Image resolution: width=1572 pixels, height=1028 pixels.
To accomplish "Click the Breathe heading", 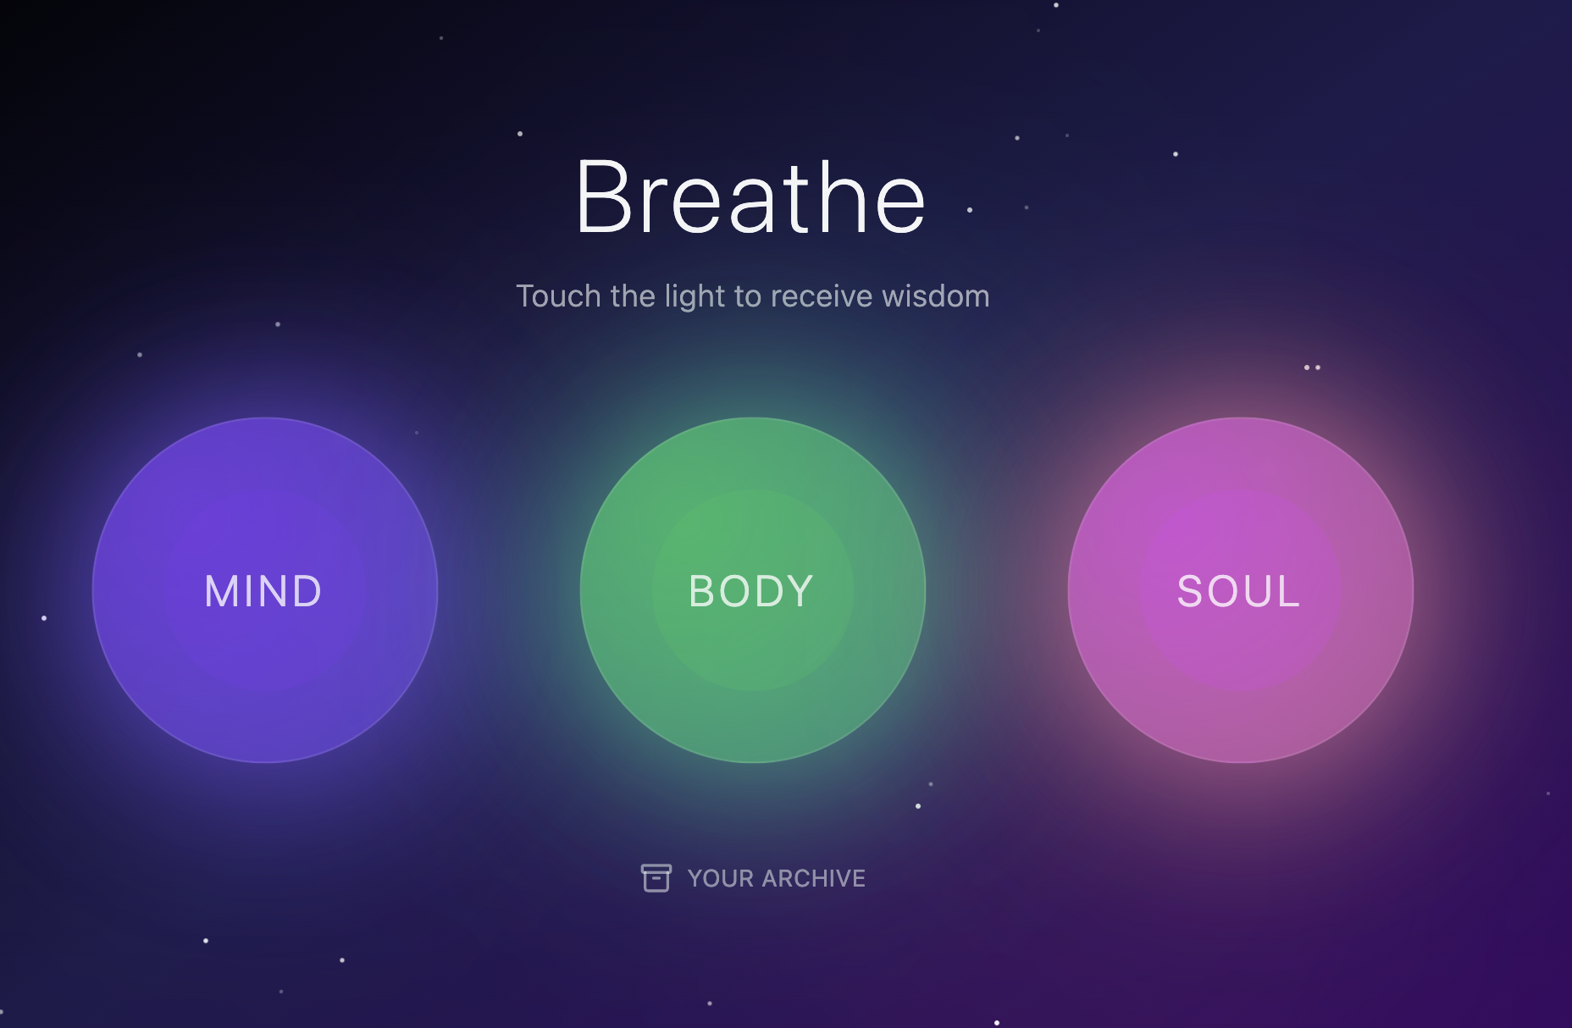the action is click(750, 196).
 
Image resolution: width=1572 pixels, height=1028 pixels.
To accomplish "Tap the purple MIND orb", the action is click(265, 590).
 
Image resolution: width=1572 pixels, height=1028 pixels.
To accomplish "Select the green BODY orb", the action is click(753, 590).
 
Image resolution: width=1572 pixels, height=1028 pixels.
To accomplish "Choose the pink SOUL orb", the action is click(1241, 590).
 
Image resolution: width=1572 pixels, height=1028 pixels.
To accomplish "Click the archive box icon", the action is click(656, 878).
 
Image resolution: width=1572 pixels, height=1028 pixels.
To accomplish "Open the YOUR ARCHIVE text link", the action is click(776, 878).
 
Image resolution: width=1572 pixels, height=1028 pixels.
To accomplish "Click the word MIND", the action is click(263, 591).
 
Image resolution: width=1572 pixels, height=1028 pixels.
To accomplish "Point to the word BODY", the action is click(751, 591).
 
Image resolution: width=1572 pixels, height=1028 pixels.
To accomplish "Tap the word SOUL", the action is click(1238, 591).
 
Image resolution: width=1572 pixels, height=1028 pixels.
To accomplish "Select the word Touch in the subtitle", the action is click(559, 296).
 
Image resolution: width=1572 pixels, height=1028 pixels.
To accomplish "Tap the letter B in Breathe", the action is click(605, 196).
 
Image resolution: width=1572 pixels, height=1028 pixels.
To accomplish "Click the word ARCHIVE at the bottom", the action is click(813, 878).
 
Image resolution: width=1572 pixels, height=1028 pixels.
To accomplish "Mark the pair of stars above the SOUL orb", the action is click(1312, 368).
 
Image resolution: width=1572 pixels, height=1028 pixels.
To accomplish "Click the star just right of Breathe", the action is click(970, 210).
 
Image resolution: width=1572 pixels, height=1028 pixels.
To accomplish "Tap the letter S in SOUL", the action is click(1191, 591).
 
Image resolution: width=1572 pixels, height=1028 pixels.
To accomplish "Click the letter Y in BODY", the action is click(798, 591).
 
